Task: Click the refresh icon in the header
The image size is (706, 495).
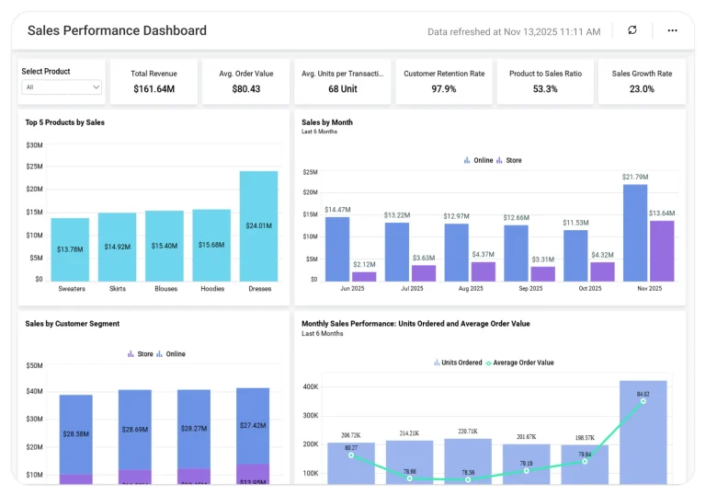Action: click(632, 30)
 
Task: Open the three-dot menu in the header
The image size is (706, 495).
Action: click(672, 30)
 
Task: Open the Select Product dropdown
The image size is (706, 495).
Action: click(62, 87)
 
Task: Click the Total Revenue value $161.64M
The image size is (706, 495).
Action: click(154, 89)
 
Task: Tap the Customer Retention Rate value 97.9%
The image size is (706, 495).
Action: click(443, 89)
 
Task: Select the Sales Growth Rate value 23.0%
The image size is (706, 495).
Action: click(641, 89)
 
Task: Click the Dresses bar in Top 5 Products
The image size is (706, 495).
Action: click(258, 225)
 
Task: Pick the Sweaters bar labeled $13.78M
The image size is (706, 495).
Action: click(70, 249)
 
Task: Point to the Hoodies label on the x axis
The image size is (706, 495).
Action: click(212, 288)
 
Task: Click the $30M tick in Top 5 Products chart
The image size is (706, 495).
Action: click(34, 145)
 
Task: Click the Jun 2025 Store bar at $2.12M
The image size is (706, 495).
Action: click(364, 276)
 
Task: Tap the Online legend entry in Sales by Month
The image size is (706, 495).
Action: click(478, 160)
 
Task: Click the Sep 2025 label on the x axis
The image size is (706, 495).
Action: click(529, 288)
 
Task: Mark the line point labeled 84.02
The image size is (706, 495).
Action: click(643, 401)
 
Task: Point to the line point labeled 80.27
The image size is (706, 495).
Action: click(351, 455)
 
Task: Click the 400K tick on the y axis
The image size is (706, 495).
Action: click(310, 386)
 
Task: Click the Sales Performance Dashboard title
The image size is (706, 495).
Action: click(117, 30)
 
